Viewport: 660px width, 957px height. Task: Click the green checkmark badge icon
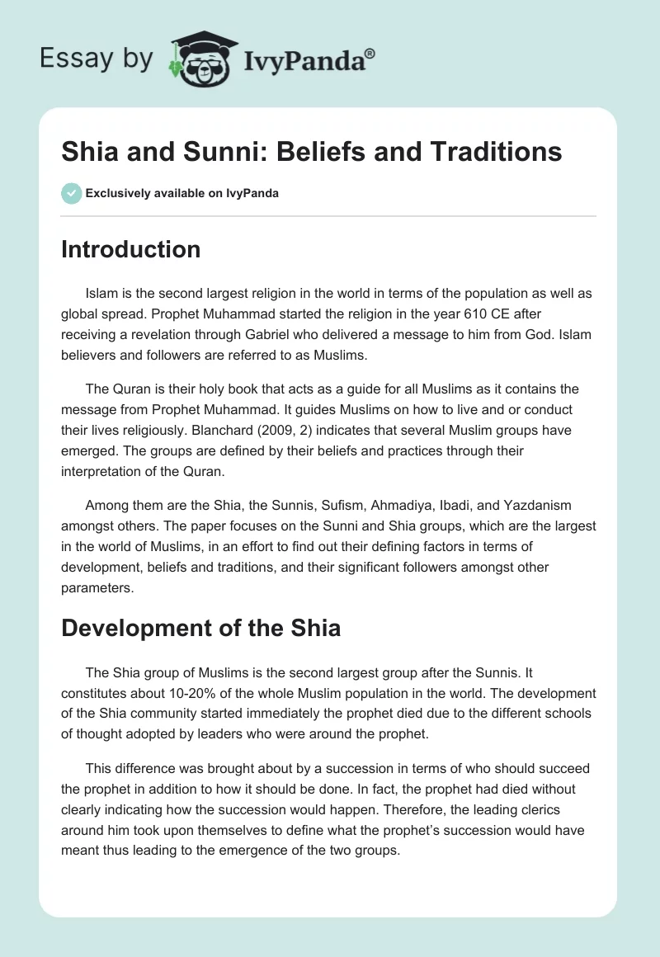[71, 193]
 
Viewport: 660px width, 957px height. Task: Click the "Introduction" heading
[130, 249]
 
